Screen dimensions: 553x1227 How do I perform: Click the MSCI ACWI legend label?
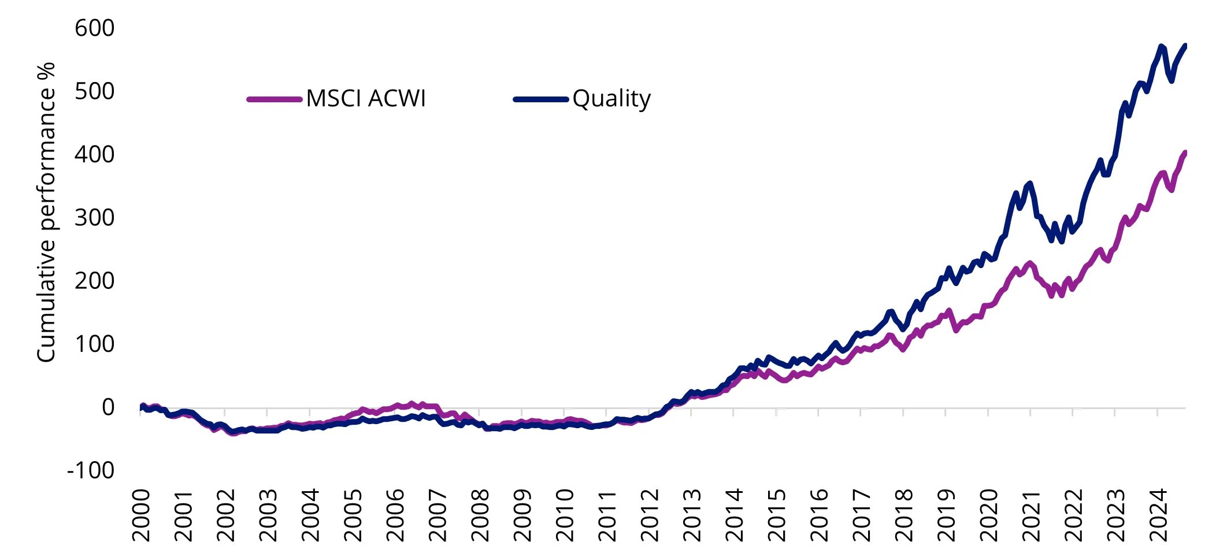pyautogui.click(x=365, y=99)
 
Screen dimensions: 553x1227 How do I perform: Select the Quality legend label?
pyautogui.click(x=611, y=99)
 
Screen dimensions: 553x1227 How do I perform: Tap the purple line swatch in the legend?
pyautogui.click(x=275, y=99)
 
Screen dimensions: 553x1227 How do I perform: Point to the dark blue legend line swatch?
pyautogui.click(x=541, y=99)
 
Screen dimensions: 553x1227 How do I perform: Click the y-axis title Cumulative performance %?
pyautogui.click(x=46, y=212)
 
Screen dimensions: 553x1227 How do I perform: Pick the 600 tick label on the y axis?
pyautogui.click(x=95, y=28)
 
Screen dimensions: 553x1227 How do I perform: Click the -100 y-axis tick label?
pyautogui.click(x=91, y=470)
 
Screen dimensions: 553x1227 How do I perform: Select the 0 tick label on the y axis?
pyautogui.click(x=108, y=407)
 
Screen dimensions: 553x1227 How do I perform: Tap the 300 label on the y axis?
pyautogui.click(x=95, y=218)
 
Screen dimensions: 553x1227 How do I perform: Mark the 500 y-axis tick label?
pyautogui.click(x=95, y=91)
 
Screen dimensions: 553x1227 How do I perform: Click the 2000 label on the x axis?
pyautogui.click(x=141, y=515)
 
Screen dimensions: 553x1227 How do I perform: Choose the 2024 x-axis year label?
pyautogui.click(x=1159, y=515)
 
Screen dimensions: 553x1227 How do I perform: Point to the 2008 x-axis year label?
pyautogui.click(x=480, y=515)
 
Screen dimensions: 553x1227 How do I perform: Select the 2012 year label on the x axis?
pyautogui.click(x=650, y=515)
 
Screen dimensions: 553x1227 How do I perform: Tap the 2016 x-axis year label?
pyautogui.click(x=820, y=515)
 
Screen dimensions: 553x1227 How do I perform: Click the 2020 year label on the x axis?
pyautogui.click(x=989, y=515)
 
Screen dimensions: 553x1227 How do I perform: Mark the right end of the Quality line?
pyautogui.click(x=1184, y=46)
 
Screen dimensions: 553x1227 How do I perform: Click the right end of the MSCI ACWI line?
pyautogui.click(x=1184, y=153)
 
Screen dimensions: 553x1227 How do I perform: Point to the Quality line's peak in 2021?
pyautogui.click(x=1029, y=184)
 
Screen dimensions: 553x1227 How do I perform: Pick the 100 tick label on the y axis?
pyautogui.click(x=95, y=344)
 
